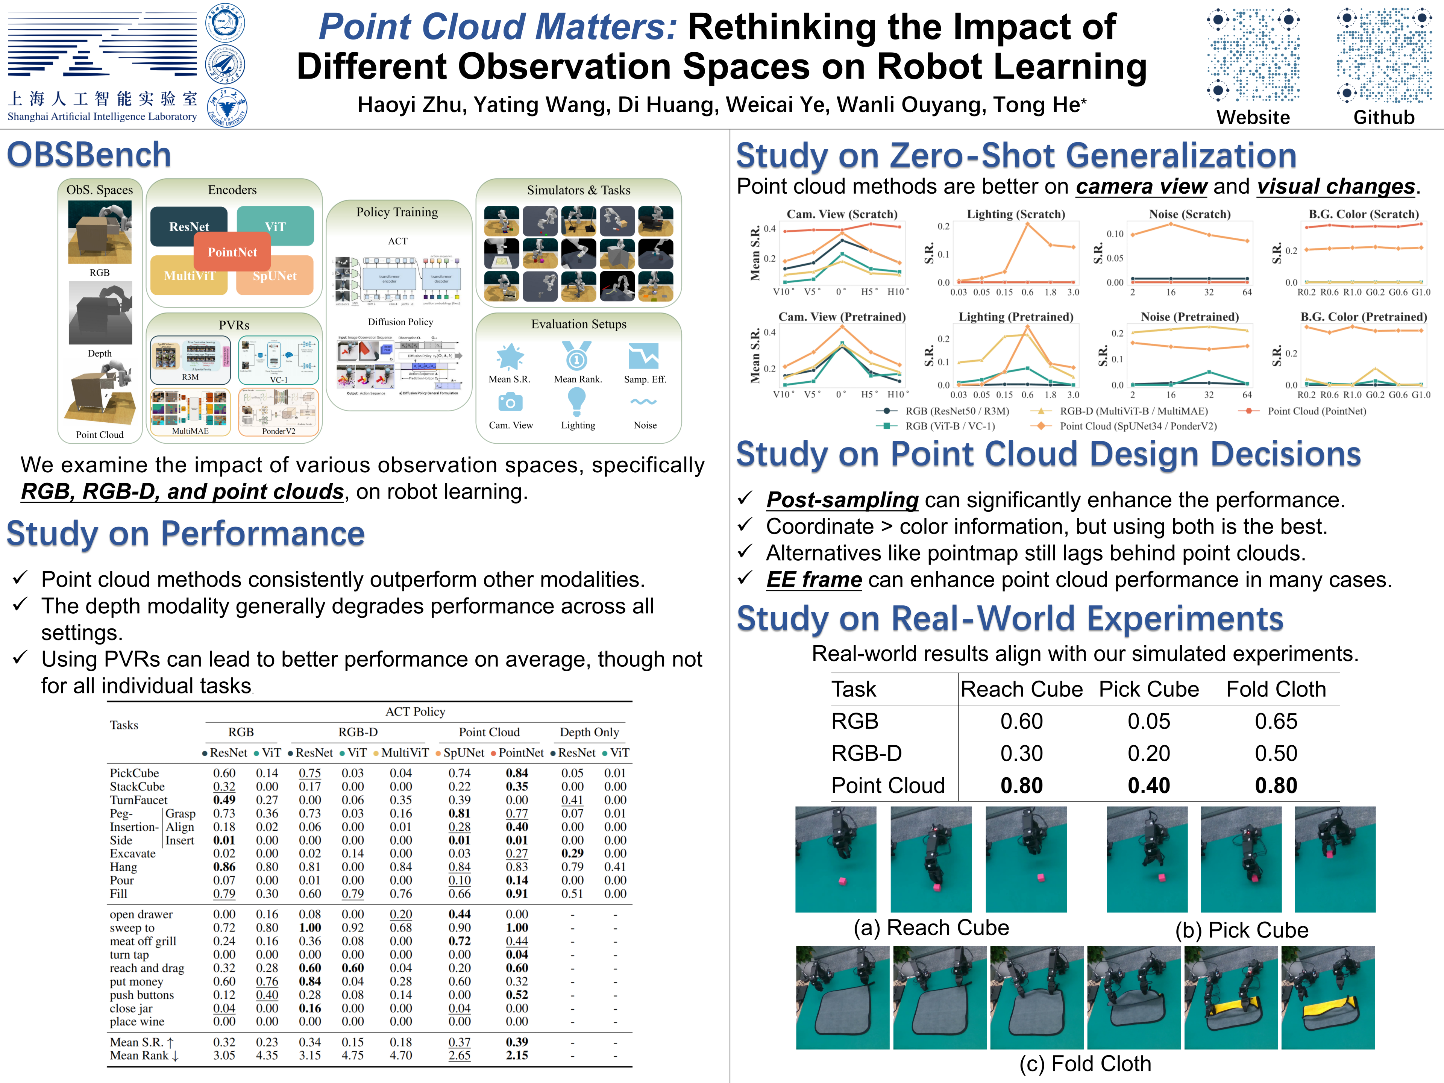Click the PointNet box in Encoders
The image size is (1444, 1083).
click(x=232, y=252)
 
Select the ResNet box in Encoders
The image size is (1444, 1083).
click(x=189, y=226)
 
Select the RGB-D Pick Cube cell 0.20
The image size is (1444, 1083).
click(x=1148, y=753)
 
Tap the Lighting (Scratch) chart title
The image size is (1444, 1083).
click(x=1016, y=214)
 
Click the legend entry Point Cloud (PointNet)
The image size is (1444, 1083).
click(x=1316, y=411)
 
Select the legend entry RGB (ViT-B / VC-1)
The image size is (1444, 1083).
click(x=950, y=426)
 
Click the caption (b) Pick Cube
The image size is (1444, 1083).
click(x=1242, y=930)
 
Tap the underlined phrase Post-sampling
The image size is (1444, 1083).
click(x=842, y=500)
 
